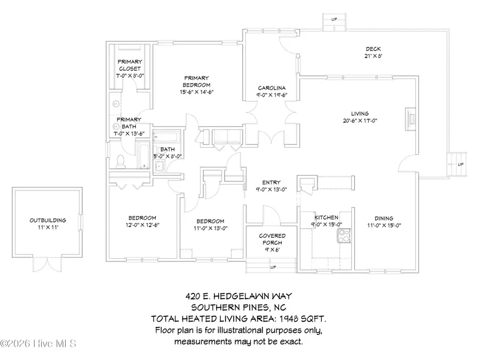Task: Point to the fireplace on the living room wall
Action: click(x=410, y=118)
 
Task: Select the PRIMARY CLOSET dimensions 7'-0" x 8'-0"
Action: click(x=129, y=76)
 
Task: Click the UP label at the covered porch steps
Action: click(x=273, y=267)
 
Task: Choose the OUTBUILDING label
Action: click(x=48, y=220)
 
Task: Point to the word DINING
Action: click(x=383, y=218)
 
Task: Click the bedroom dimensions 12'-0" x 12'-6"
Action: click(x=142, y=225)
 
